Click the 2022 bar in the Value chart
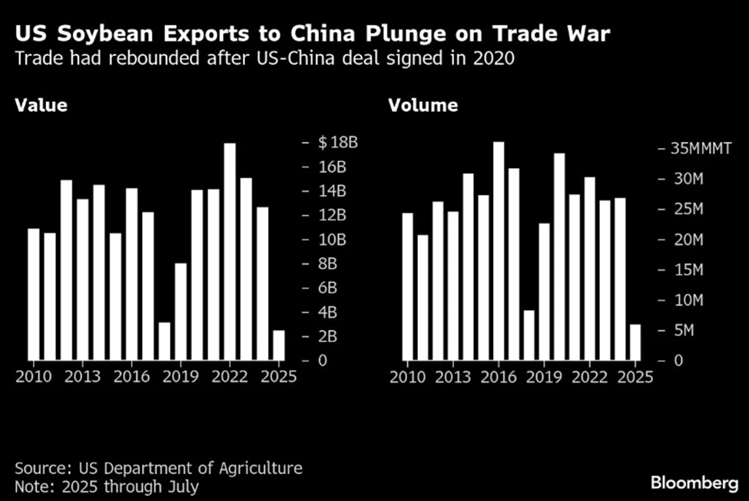229,252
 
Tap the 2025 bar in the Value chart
278,345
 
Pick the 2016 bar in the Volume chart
499,251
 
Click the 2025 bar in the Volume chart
635,342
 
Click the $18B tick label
339,143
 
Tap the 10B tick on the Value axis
332,239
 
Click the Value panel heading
41,106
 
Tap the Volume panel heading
423,106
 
